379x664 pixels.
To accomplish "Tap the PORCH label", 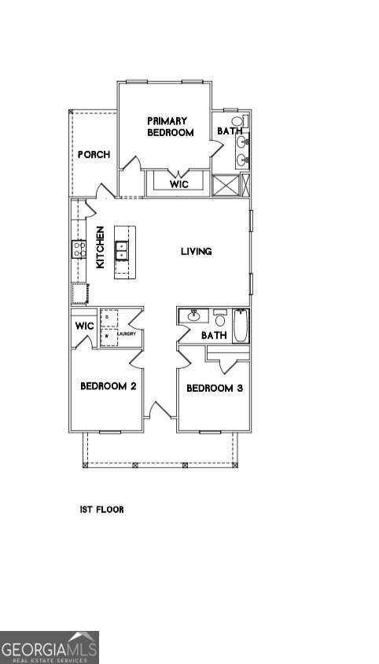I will (x=94, y=154).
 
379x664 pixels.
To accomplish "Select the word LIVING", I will (x=197, y=252).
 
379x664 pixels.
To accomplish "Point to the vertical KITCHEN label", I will (x=101, y=249).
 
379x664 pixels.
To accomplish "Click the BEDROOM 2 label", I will (x=109, y=386).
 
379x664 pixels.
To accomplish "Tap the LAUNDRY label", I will (x=127, y=334).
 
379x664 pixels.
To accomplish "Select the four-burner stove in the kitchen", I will (x=79, y=249).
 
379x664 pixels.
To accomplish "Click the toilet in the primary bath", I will (x=238, y=122).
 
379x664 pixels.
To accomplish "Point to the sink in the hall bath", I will (x=193, y=317).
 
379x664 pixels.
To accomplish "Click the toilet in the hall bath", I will (x=220, y=319).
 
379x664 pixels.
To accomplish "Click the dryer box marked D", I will (x=109, y=317).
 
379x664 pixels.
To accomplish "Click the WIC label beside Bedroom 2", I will (x=84, y=326).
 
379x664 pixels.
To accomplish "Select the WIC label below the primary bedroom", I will (x=178, y=185).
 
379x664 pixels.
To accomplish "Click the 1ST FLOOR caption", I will (x=101, y=510).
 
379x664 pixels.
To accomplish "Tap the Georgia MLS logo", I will (x=50, y=647).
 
